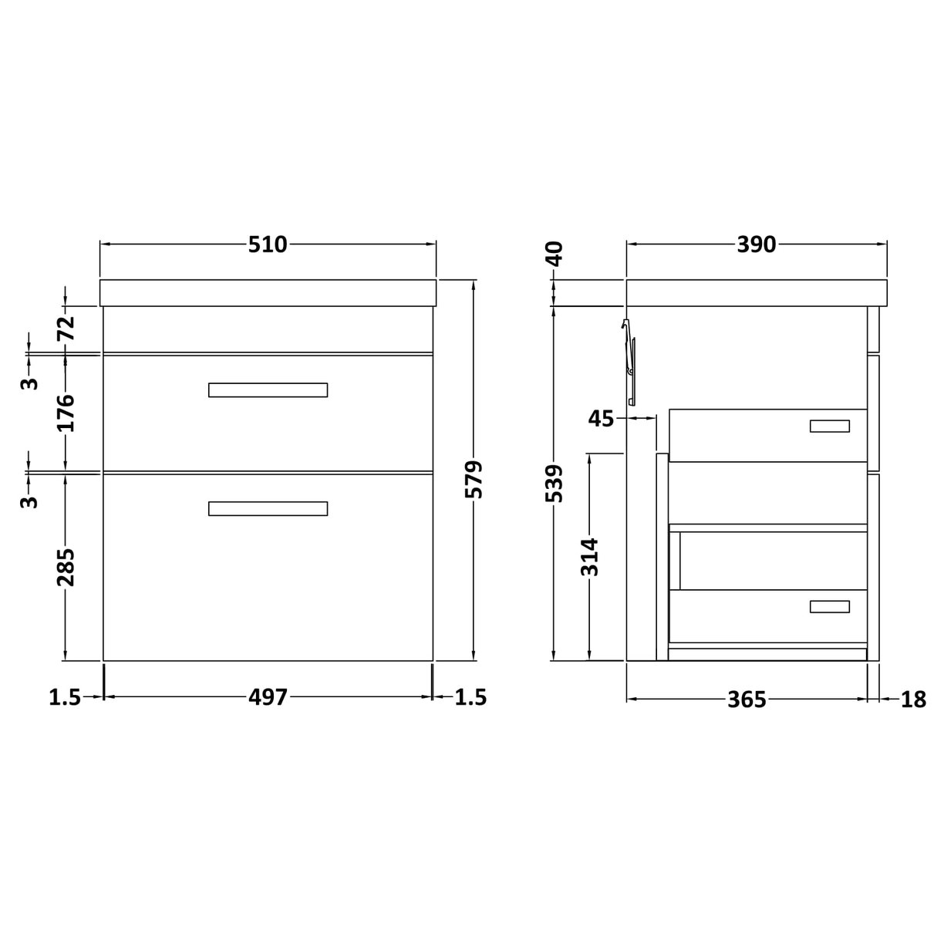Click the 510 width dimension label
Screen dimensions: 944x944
268,244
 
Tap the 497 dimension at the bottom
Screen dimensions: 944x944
268,697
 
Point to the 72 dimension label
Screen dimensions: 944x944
66,329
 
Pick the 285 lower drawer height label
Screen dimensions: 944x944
66,566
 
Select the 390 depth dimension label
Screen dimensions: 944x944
756,244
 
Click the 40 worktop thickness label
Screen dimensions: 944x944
555,253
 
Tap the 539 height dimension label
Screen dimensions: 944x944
555,483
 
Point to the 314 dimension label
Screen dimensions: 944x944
590,556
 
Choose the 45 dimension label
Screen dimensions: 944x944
601,419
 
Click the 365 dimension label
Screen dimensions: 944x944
747,700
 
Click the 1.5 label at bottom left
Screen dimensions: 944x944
65,697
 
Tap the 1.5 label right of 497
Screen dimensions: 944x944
470,697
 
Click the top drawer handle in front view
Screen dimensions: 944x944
268,389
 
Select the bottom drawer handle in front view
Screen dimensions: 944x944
268,508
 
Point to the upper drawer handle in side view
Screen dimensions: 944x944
829,426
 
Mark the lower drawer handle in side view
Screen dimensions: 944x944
829,606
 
